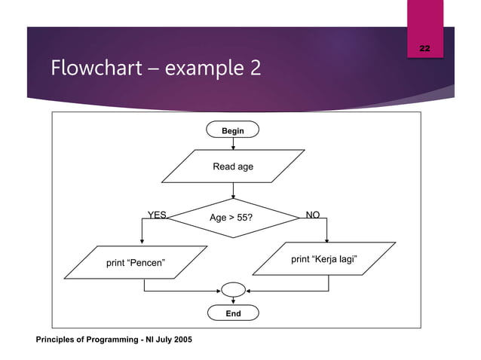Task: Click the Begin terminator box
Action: click(x=232, y=130)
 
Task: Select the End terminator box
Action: click(x=233, y=313)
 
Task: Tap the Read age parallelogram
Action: click(x=233, y=166)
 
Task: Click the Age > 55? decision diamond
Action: click(x=232, y=218)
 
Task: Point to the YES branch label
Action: click(x=157, y=215)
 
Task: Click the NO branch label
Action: click(x=313, y=215)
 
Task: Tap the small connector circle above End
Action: click(x=233, y=289)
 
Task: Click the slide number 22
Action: click(x=424, y=48)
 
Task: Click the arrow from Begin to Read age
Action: click(x=233, y=144)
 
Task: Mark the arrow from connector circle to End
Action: click(x=233, y=301)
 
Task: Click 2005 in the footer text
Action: click(x=181, y=341)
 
